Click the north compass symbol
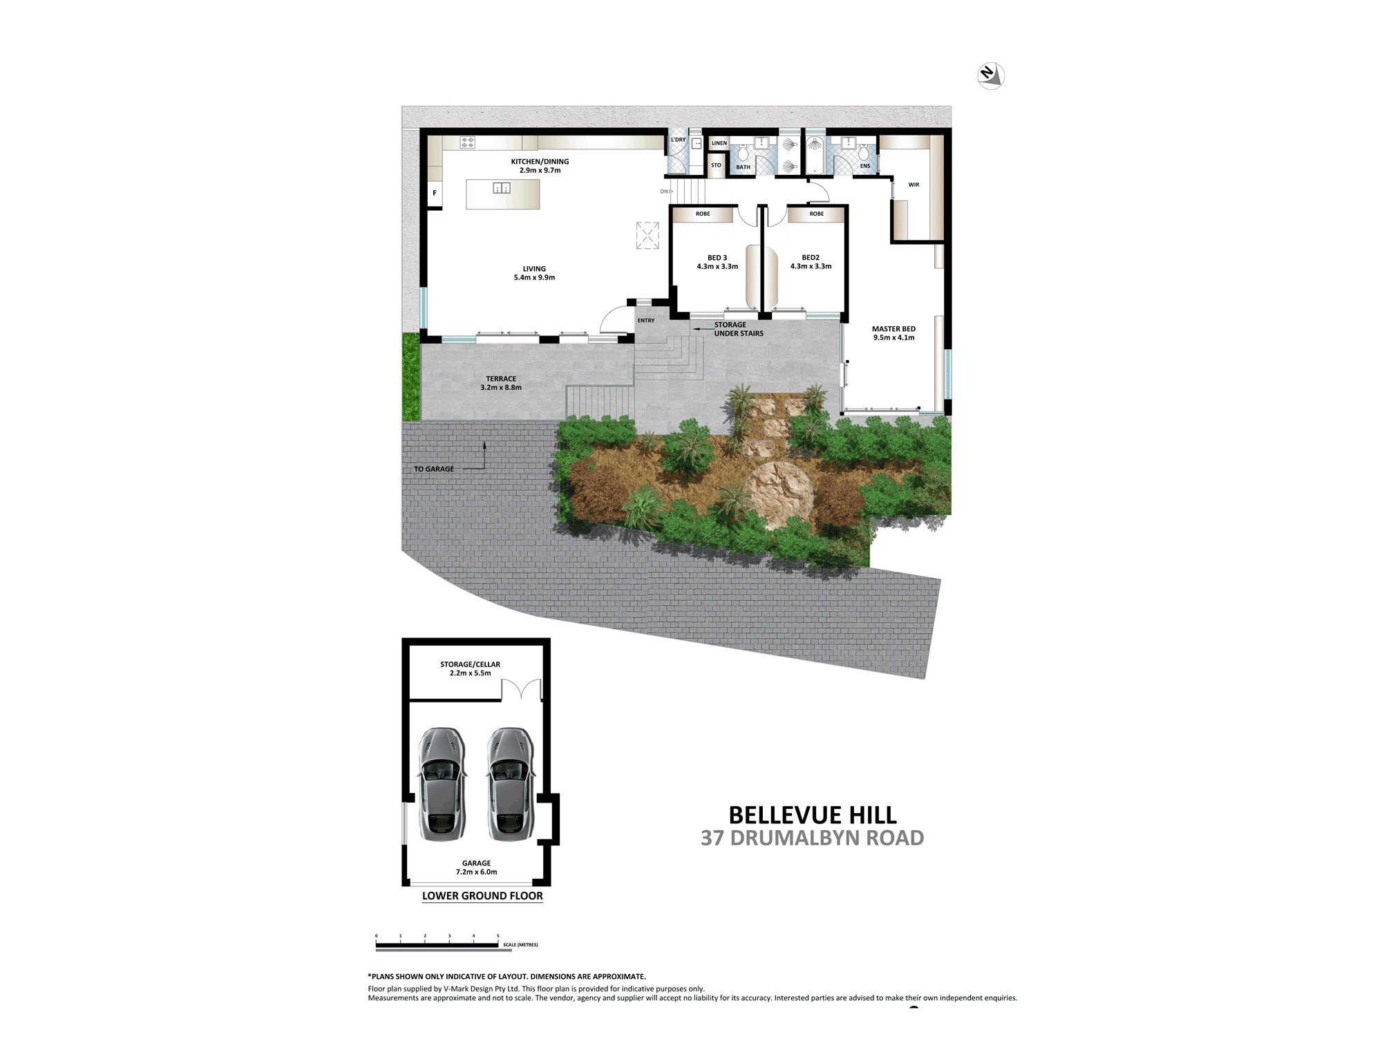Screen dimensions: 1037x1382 click(991, 75)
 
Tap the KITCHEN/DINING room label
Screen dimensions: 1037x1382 click(540, 166)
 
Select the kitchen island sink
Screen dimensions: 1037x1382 click(502, 188)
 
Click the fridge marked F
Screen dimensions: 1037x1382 click(435, 193)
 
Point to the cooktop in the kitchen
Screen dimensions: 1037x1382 click(468, 142)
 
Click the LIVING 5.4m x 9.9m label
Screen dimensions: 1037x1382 click(534, 273)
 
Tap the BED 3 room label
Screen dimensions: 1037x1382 click(717, 262)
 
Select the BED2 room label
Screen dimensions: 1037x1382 click(811, 262)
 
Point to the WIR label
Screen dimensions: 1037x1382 click(914, 185)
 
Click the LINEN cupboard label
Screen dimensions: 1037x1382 click(719, 143)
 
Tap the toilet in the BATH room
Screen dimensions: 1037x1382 click(744, 153)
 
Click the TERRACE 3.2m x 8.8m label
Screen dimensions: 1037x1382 click(501, 383)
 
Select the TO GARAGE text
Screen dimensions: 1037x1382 click(434, 469)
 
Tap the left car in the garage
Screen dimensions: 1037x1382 click(442, 784)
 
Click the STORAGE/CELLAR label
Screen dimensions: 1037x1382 click(470, 669)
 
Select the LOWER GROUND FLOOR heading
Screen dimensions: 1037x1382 click(482, 896)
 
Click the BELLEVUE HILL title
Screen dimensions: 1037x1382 click(813, 815)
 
